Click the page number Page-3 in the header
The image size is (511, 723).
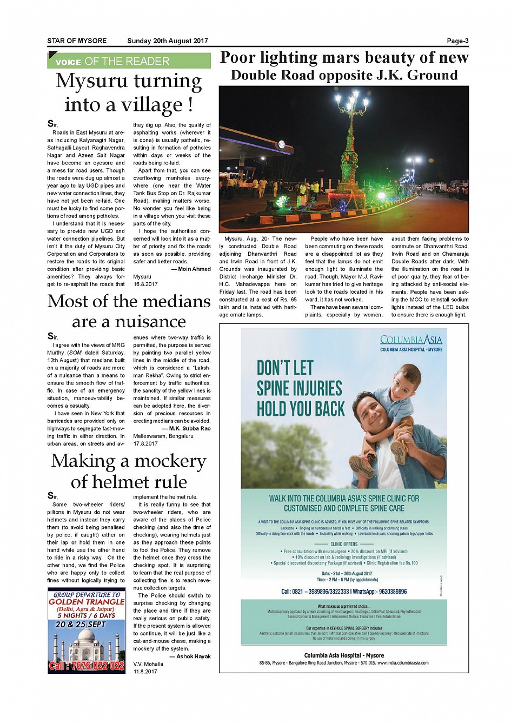(457, 41)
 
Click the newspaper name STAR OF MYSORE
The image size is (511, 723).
(77, 41)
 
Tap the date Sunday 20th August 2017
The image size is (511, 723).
(167, 41)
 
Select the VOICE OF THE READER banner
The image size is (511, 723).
(129, 61)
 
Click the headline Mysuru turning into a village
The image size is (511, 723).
(129, 92)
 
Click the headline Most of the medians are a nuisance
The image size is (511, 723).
(129, 311)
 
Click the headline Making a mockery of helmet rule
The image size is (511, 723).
(129, 471)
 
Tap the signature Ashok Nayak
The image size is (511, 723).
(193, 656)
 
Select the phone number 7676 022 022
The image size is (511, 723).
(87, 666)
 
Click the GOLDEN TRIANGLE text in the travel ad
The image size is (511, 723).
(87, 602)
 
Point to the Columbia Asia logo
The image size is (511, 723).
(411, 340)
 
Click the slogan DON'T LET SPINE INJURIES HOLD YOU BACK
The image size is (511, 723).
(300, 389)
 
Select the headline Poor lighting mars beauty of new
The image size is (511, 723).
(344, 57)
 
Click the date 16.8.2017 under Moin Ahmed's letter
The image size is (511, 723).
(145, 284)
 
